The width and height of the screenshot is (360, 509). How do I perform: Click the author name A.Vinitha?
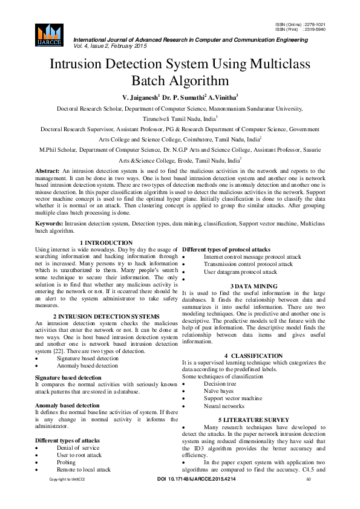[224, 97]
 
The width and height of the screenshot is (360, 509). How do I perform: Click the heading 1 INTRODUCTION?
[106, 242]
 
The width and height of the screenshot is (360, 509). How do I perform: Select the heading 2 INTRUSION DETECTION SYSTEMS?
[106, 316]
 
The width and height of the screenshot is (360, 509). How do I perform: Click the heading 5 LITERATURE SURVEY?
[254, 420]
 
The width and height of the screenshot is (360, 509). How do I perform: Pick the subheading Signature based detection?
[64, 377]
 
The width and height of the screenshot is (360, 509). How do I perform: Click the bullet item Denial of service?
[79, 448]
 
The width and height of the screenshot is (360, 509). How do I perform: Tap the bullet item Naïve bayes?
[220, 391]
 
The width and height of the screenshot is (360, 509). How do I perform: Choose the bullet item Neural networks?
[224, 406]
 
